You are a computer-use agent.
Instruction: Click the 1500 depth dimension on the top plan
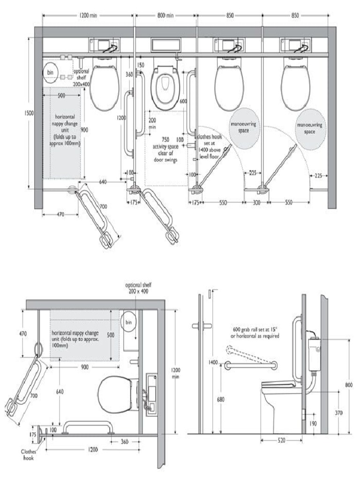(29, 113)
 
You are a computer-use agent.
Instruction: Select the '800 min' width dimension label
(165, 15)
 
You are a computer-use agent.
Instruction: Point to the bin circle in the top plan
(51, 73)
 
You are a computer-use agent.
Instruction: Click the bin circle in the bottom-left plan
(128, 322)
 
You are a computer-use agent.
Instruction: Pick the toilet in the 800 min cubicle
(165, 87)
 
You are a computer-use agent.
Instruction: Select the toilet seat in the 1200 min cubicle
(104, 87)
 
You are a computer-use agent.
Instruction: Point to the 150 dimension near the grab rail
(141, 65)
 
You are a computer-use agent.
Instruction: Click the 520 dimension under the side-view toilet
(281, 441)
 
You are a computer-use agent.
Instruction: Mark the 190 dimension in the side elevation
(312, 423)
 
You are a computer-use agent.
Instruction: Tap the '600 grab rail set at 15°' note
(255, 332)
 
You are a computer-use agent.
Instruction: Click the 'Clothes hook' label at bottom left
(28, 455)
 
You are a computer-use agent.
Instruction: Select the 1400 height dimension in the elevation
(214, 362)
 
